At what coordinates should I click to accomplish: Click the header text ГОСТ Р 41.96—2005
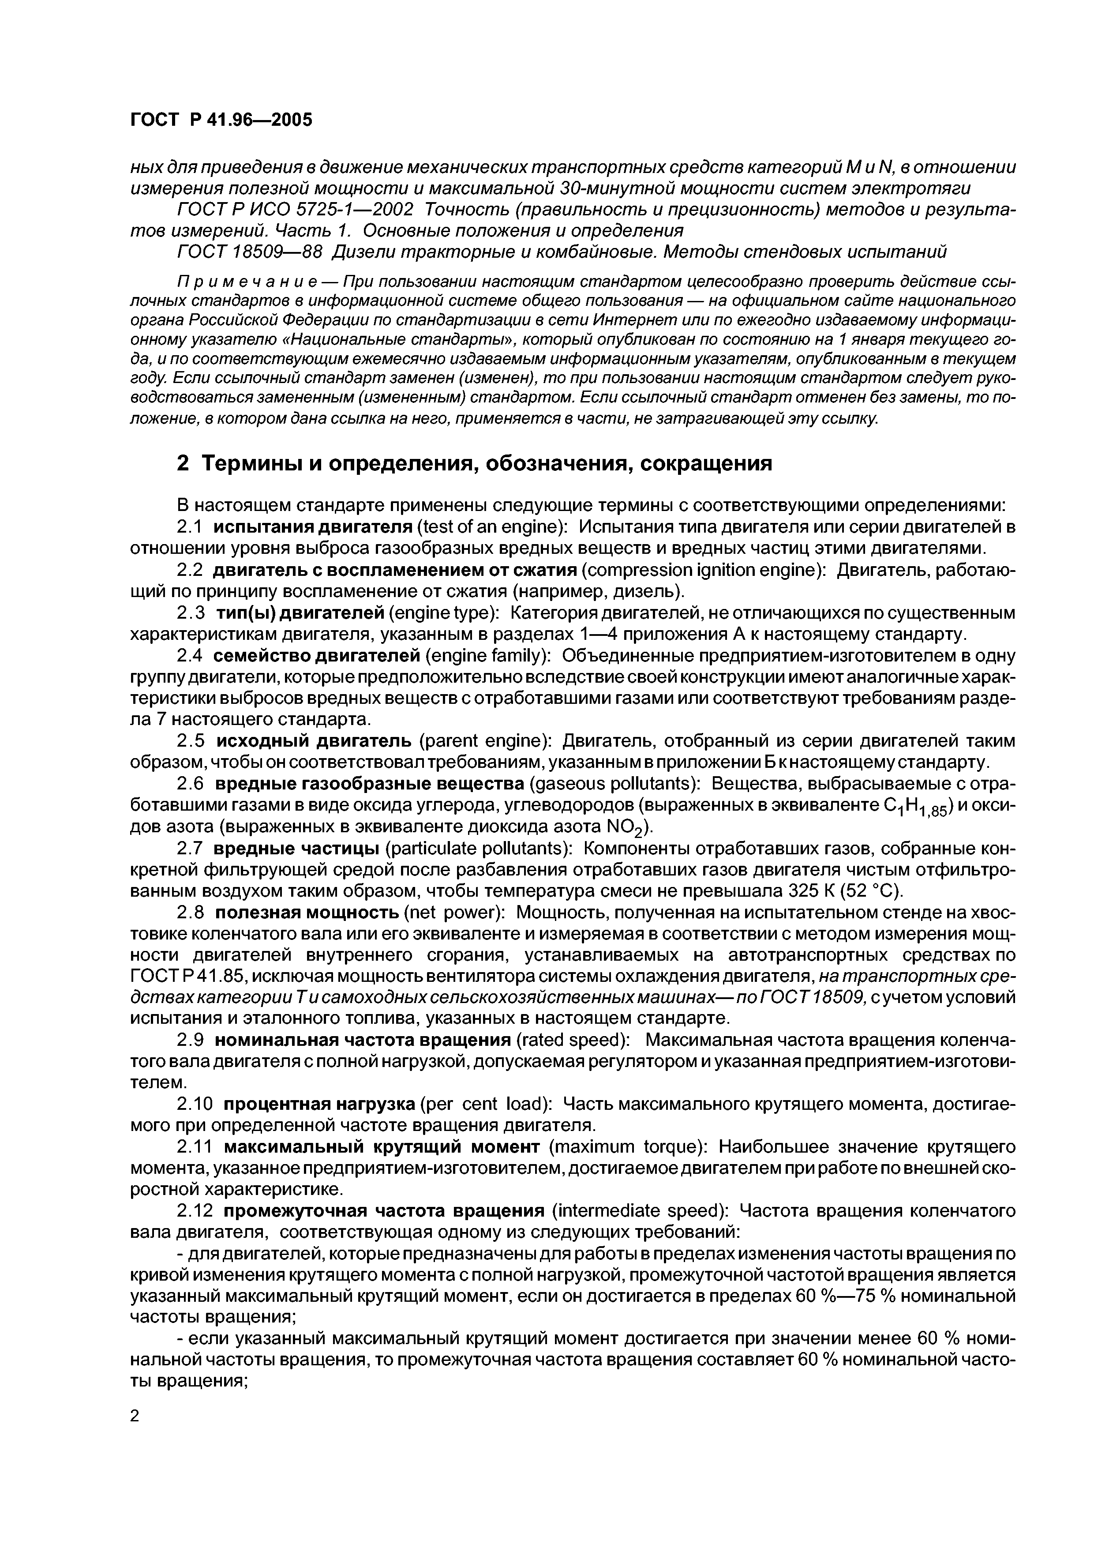tap(221, 120)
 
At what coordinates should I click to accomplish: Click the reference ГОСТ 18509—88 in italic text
tap(249, 252)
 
